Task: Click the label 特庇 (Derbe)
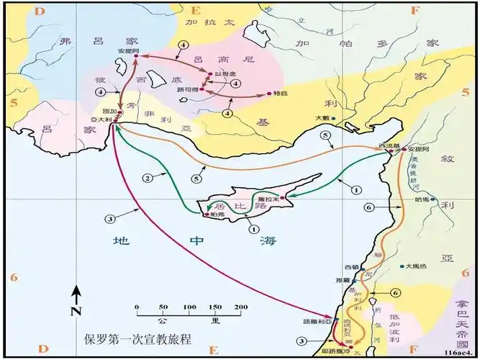coord(281,94)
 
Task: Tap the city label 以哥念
coord(222,74)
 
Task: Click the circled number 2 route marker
coord(148,177)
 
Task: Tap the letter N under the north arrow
coord(76,311)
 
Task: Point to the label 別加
coord(109,112)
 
